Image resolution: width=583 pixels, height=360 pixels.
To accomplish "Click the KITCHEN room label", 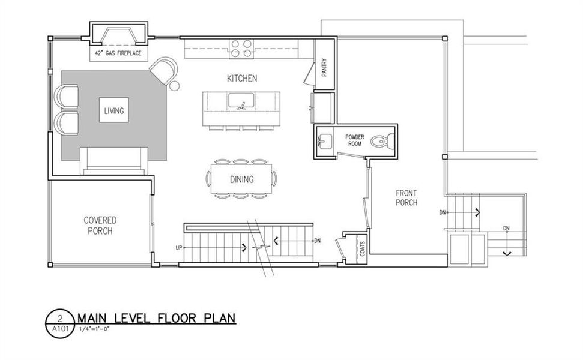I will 242,79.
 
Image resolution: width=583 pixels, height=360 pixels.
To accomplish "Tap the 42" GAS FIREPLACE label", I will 118,54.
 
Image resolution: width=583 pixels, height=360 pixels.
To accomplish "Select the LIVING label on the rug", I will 114,111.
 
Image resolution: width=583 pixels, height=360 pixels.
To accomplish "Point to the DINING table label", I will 241,179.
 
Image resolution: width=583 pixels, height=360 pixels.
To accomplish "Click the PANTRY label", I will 324,67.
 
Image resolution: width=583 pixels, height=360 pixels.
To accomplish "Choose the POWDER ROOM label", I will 355,140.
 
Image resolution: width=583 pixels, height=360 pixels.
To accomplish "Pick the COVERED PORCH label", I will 100,226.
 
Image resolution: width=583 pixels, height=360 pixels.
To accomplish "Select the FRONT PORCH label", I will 406,199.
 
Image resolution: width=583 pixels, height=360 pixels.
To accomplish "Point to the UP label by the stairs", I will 178,247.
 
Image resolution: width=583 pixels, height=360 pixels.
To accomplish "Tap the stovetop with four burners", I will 241,49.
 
